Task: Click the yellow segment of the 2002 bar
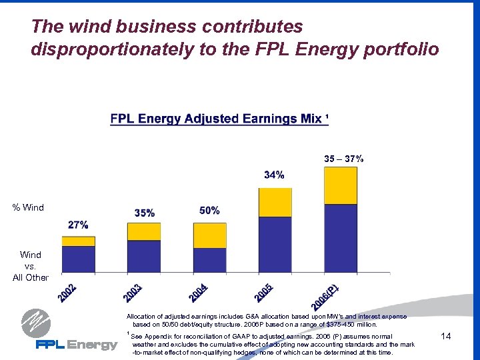click(79, 241)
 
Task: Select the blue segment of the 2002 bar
click(79, 259)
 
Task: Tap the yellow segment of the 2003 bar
click(144, 231)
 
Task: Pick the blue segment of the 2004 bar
click(209, 260)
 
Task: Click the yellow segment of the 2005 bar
click(275, 202)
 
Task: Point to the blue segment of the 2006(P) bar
click(340, 238)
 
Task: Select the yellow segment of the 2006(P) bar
click(340, 185)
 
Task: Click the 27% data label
click(78, 225)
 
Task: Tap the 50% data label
click(209, 211)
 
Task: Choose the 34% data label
click(274, 175)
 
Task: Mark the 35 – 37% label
click(344, 159)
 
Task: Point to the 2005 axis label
click(263, 292)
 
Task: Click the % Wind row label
click(28, 207)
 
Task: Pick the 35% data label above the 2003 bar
click(144, 213)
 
